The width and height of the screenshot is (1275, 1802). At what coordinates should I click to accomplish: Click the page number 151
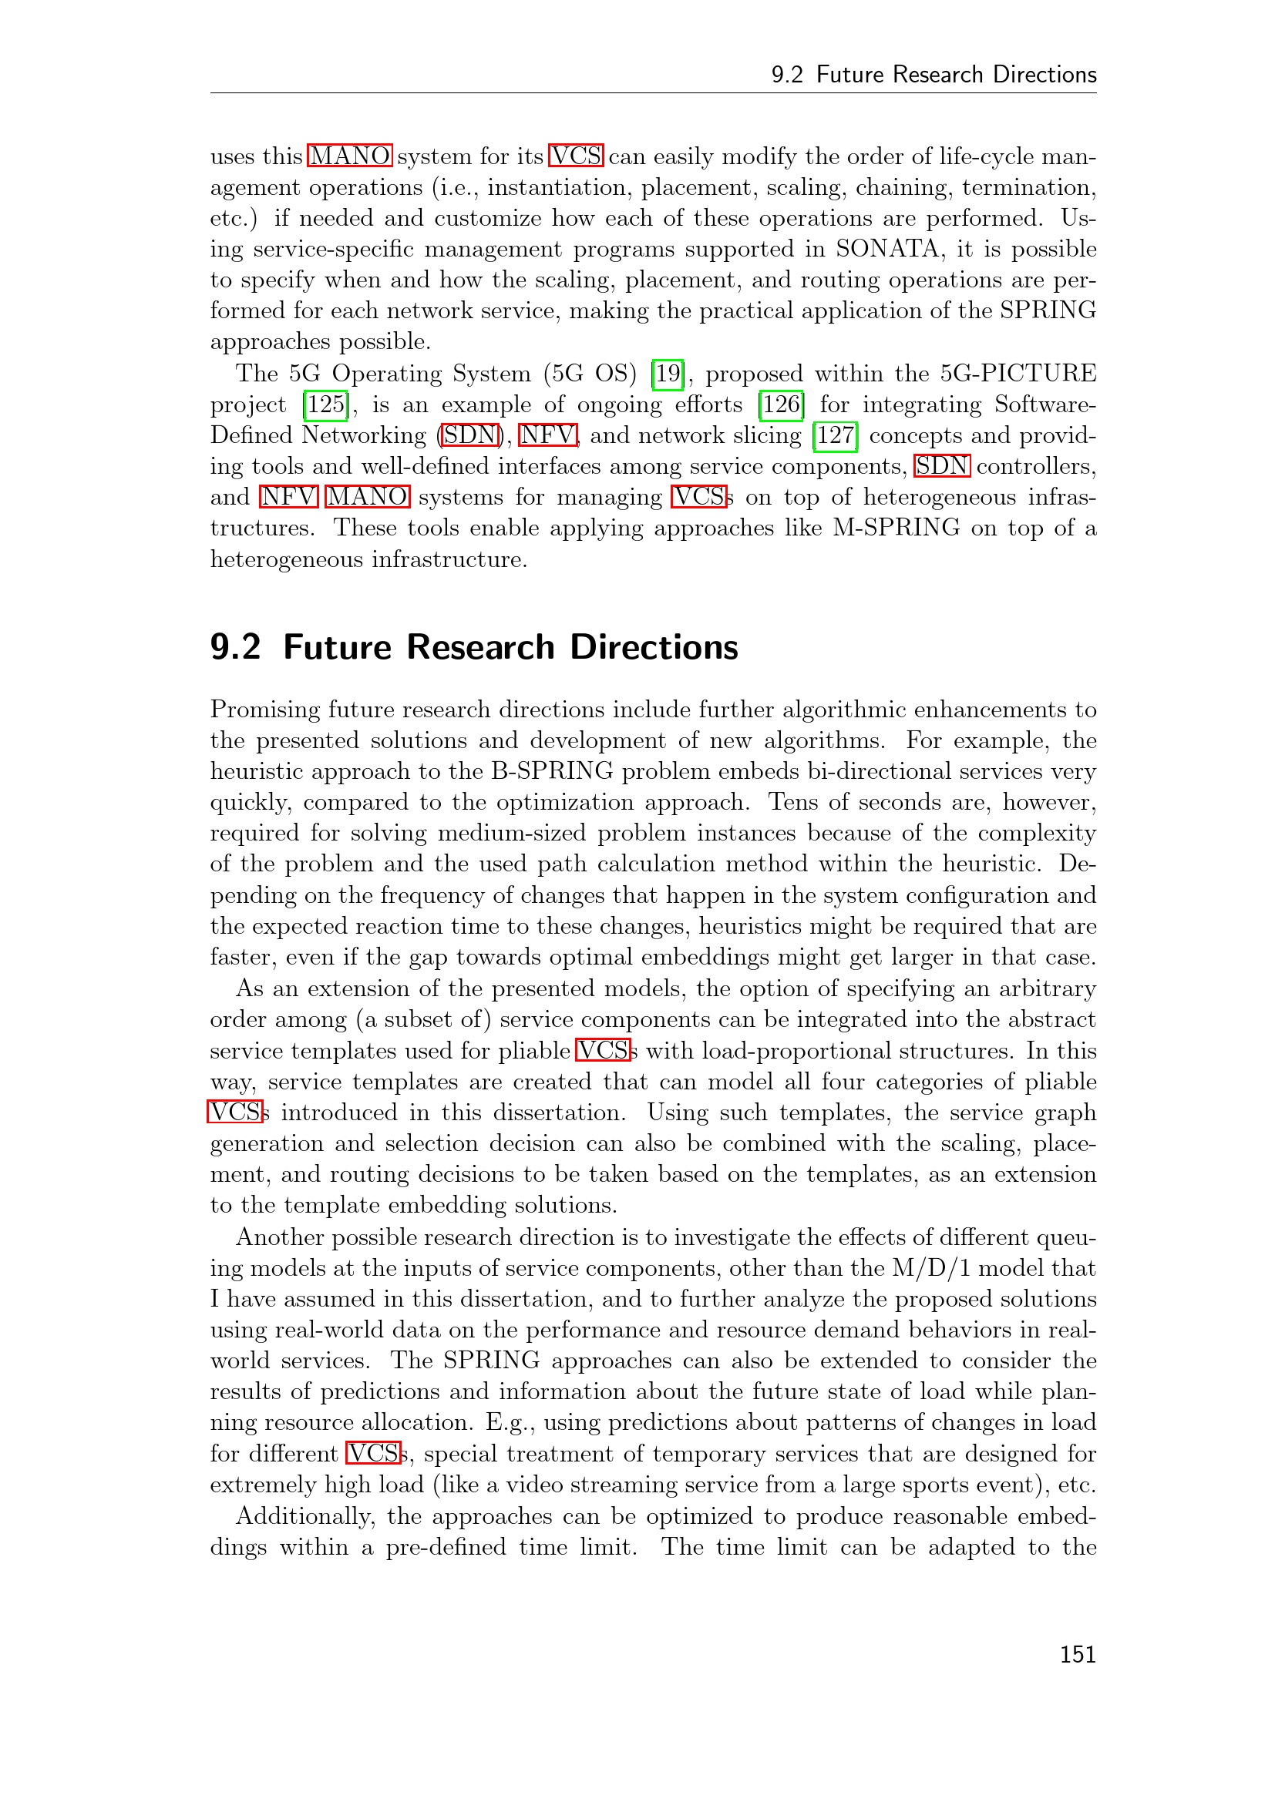(x=1077, y=1654)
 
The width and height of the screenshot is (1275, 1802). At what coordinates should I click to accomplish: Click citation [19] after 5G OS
(x=668, y=374)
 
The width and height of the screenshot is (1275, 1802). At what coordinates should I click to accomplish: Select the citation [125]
(x=326, y=404)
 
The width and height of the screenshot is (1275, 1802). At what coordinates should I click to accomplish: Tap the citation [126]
(x=781, y=404)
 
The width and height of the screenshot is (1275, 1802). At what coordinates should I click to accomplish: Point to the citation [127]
(x=836, y=435)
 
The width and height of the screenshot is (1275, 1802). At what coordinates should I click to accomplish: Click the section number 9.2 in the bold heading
(x=235, y=647)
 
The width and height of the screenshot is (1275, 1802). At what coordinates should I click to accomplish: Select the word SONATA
(x=887, y=249)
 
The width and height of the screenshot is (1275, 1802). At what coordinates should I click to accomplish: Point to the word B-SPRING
(x=552, y=770)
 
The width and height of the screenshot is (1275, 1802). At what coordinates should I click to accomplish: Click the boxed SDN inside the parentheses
(x=470, y=435)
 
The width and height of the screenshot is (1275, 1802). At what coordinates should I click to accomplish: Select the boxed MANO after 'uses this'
(x=349, y=156)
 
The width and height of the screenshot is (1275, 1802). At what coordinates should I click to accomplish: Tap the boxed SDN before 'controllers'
(x=942, y=466)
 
